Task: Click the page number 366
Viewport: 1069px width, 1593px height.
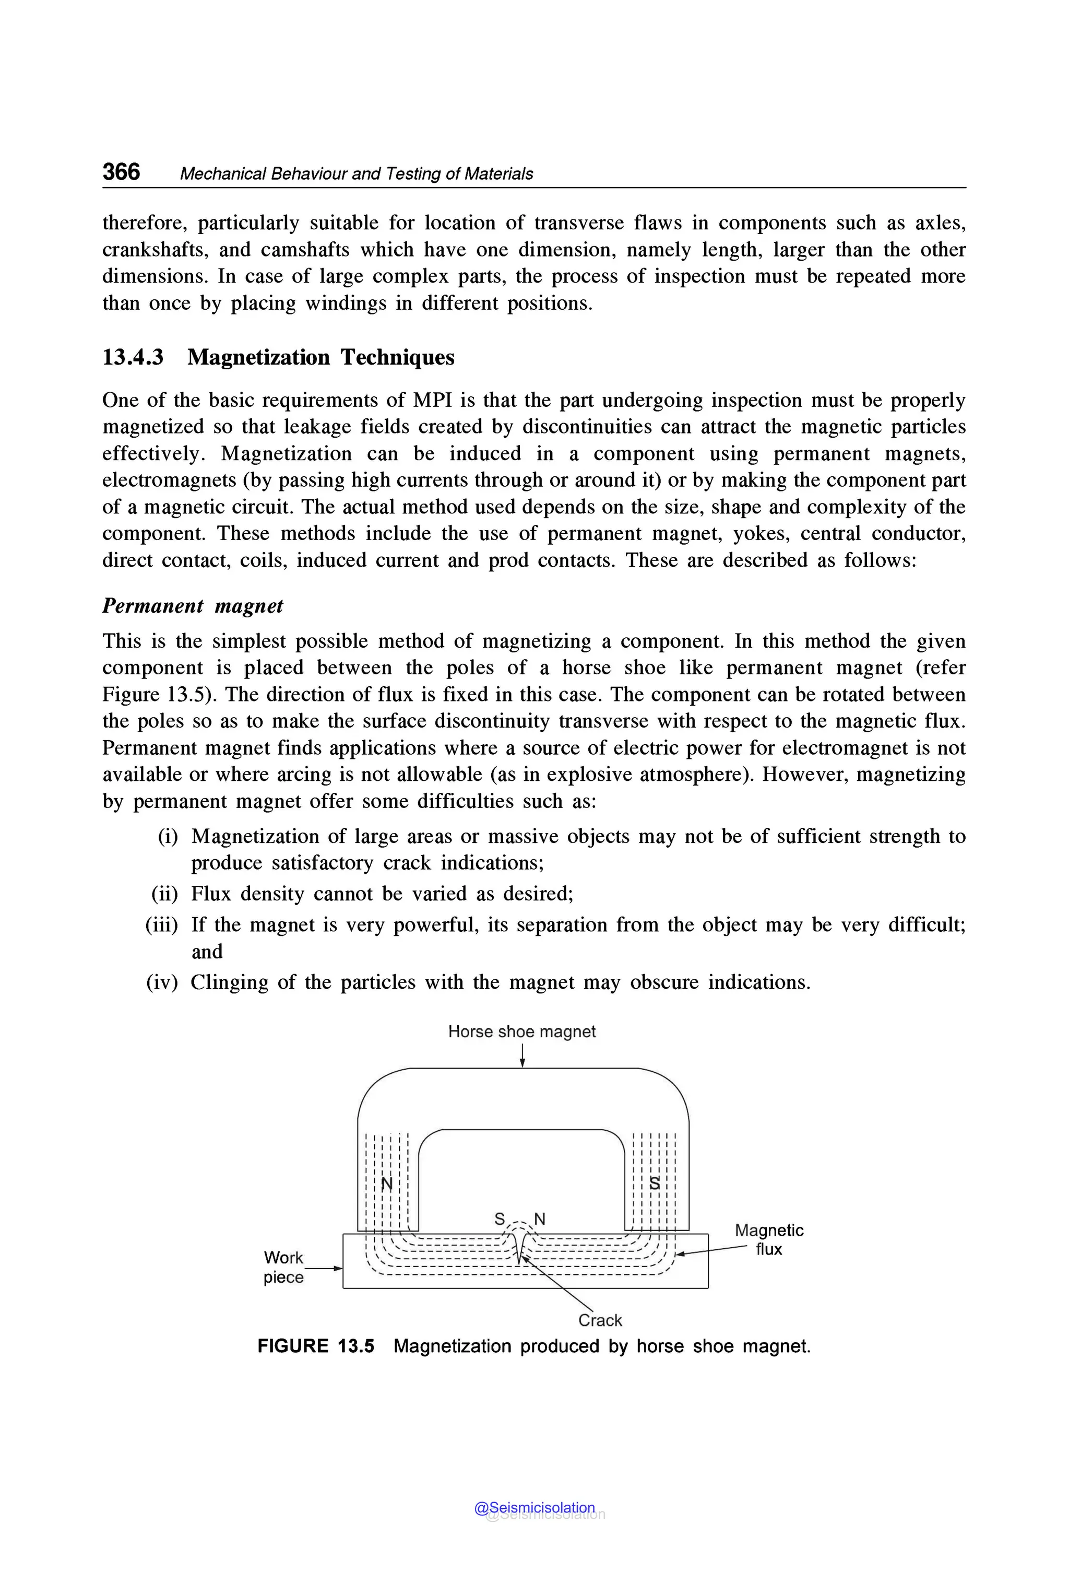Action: click(x=121, y=171)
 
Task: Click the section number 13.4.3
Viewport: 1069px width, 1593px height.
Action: click(x=133, y=357)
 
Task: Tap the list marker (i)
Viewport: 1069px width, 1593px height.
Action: click(x=168, y=836)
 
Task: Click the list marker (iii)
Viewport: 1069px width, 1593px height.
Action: click(x=162, y=924)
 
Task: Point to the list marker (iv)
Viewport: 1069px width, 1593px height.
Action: click(x=162, y=982)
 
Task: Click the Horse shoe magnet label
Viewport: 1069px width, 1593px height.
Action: click(x=521, y=1032)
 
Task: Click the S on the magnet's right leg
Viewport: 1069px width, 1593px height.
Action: click(x=655, y=1184)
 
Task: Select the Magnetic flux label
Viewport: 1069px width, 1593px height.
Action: click(x=769, y=1239)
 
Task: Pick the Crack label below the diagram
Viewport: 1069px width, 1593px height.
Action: click(x=600, y=1320)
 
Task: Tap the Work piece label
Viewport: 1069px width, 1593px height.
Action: click(x=283, y=1267)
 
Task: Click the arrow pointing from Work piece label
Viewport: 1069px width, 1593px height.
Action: click(x=324, y=1268)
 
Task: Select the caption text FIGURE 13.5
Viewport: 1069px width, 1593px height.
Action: click(x=316, y=1346)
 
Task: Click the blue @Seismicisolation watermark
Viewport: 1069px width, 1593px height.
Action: click(x=534, y=1508)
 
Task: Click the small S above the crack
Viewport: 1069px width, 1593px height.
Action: click(x=500, y=1219)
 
